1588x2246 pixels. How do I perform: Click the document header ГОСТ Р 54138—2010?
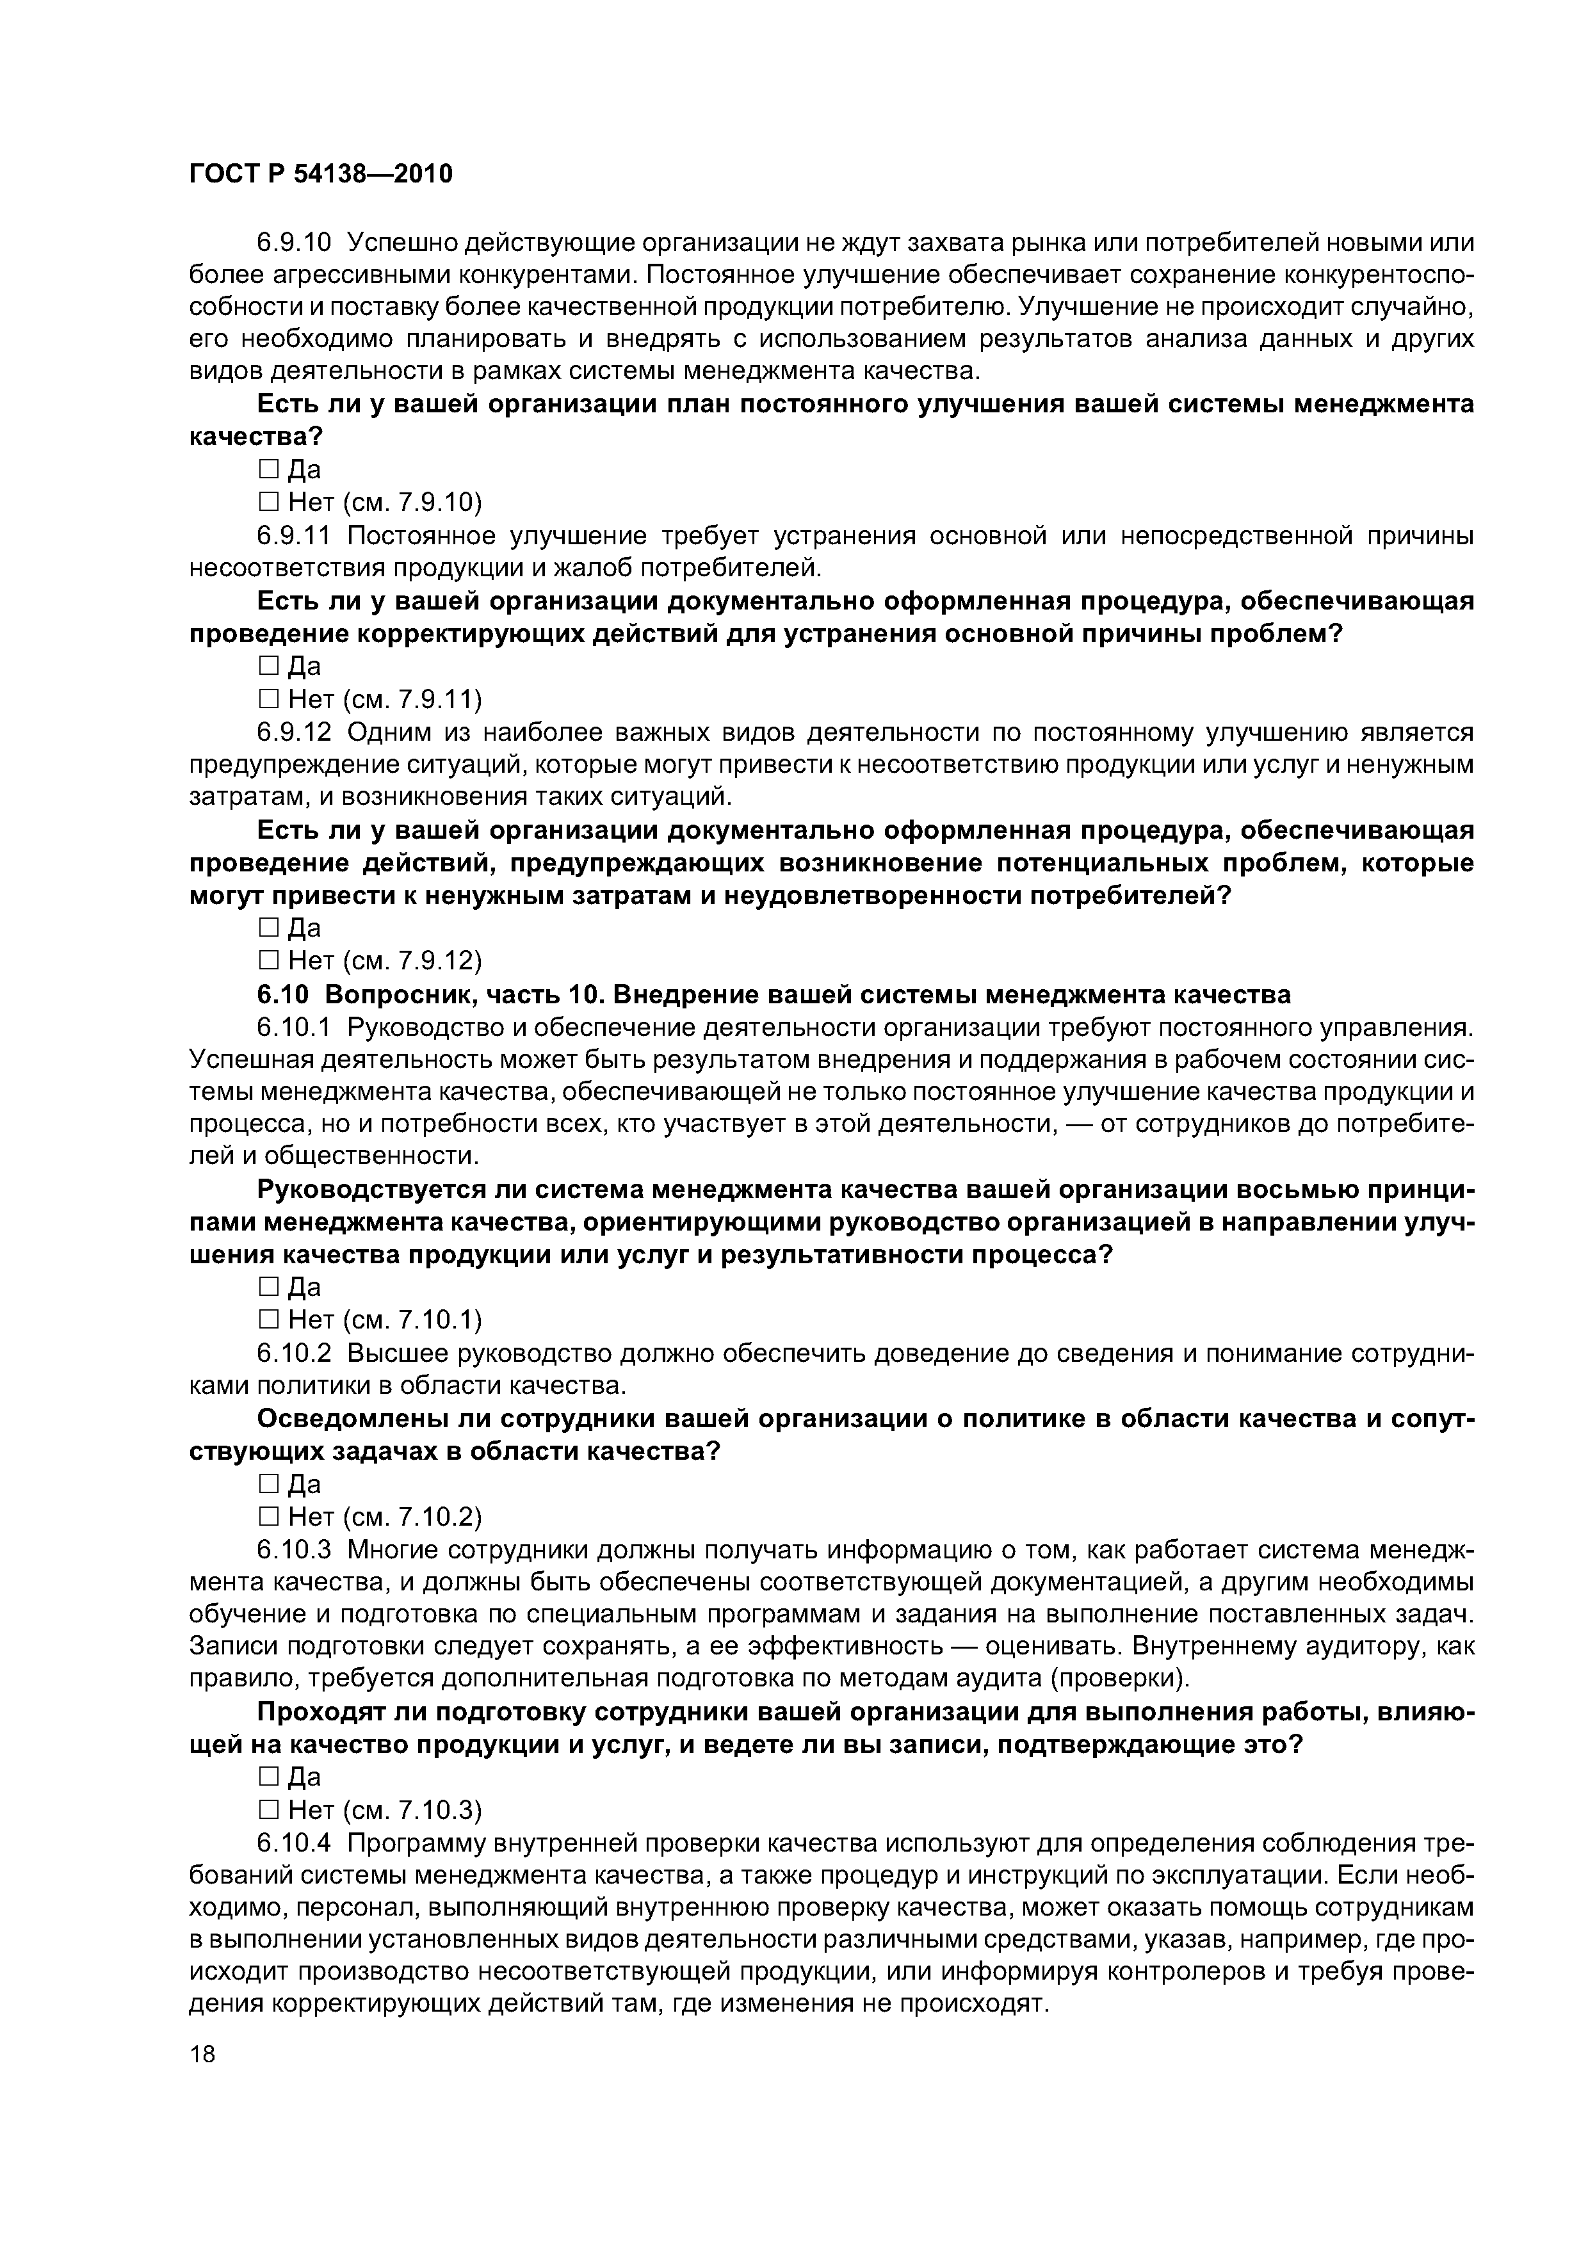tap(321, 175)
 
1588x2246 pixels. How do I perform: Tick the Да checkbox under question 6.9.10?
tap(268, 471)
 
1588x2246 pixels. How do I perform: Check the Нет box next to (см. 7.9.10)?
tap(268, 503)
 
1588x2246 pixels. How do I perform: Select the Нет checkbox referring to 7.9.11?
tap(268, 699)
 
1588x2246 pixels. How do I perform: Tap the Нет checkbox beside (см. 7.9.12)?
tap(268, 960)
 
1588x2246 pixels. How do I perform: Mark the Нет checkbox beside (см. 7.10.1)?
tap(268, 1321)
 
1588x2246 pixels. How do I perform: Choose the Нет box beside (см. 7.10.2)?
tap(268, 1517)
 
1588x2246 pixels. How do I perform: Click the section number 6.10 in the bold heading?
tap(283, 995)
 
